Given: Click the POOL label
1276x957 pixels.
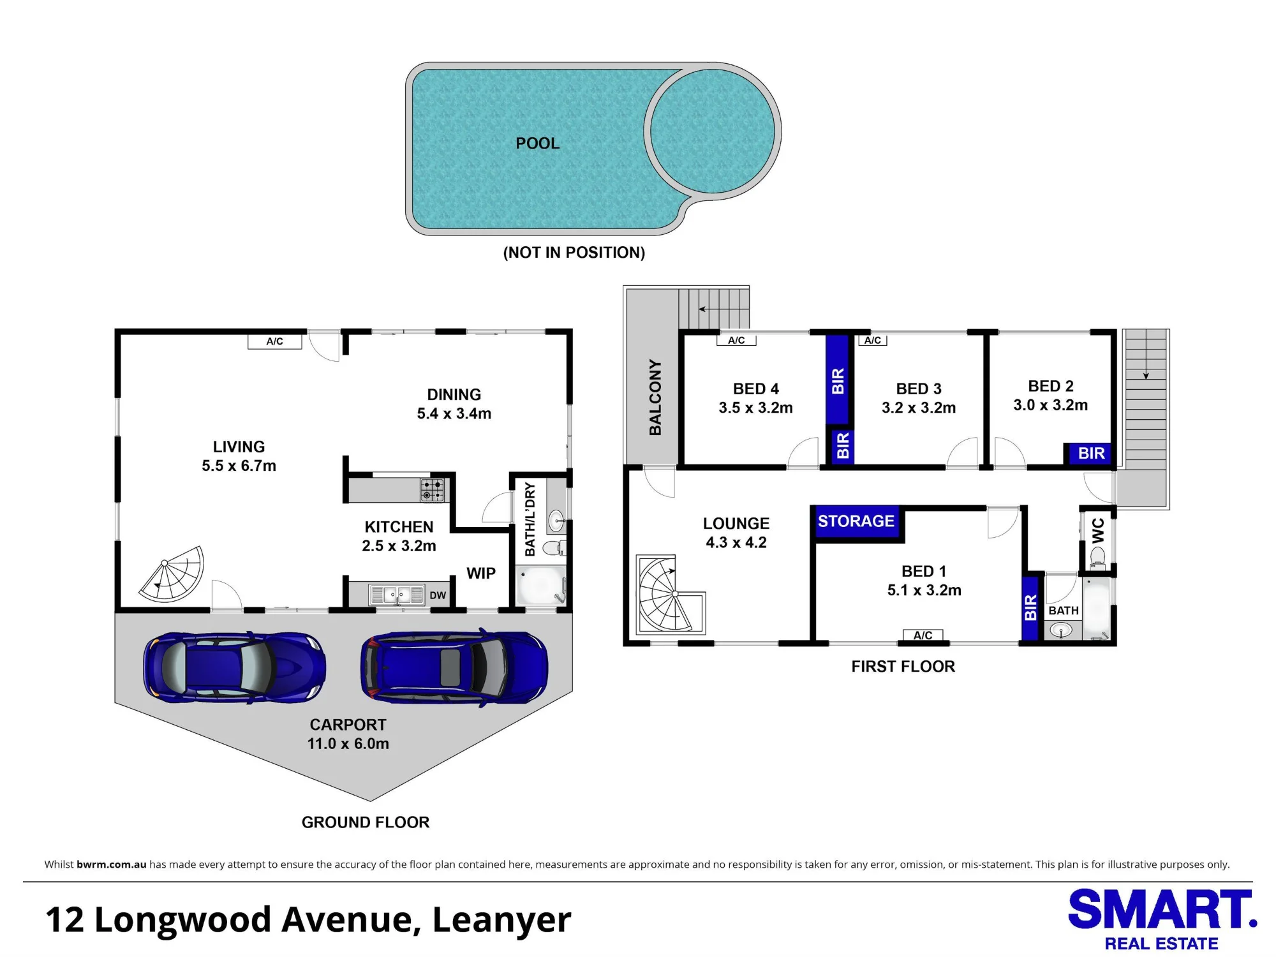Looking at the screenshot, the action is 537,144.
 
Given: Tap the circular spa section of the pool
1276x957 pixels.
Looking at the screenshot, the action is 712,131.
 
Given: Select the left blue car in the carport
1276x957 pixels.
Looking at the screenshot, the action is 235,667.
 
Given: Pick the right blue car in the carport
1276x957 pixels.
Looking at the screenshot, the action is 454,666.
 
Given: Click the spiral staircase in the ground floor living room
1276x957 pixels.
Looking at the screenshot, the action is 172,574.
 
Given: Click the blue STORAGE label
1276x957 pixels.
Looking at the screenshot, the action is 856,521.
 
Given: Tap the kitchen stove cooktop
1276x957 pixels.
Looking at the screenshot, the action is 433,490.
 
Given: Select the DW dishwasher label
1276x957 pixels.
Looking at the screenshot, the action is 438,595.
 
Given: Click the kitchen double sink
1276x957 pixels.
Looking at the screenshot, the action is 396,595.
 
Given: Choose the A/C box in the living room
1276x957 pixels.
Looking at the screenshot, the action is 275,342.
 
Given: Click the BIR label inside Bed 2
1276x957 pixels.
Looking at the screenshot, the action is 1091,454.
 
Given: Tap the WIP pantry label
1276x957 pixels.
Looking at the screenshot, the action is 481,574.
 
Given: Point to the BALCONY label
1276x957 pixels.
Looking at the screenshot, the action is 655,397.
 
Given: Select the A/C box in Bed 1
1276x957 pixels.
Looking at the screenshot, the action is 923,635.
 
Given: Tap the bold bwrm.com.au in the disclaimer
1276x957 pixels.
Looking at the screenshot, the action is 112,864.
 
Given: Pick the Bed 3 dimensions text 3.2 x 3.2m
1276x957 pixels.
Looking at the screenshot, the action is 919,408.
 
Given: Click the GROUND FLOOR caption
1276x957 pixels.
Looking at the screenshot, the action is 366,822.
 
